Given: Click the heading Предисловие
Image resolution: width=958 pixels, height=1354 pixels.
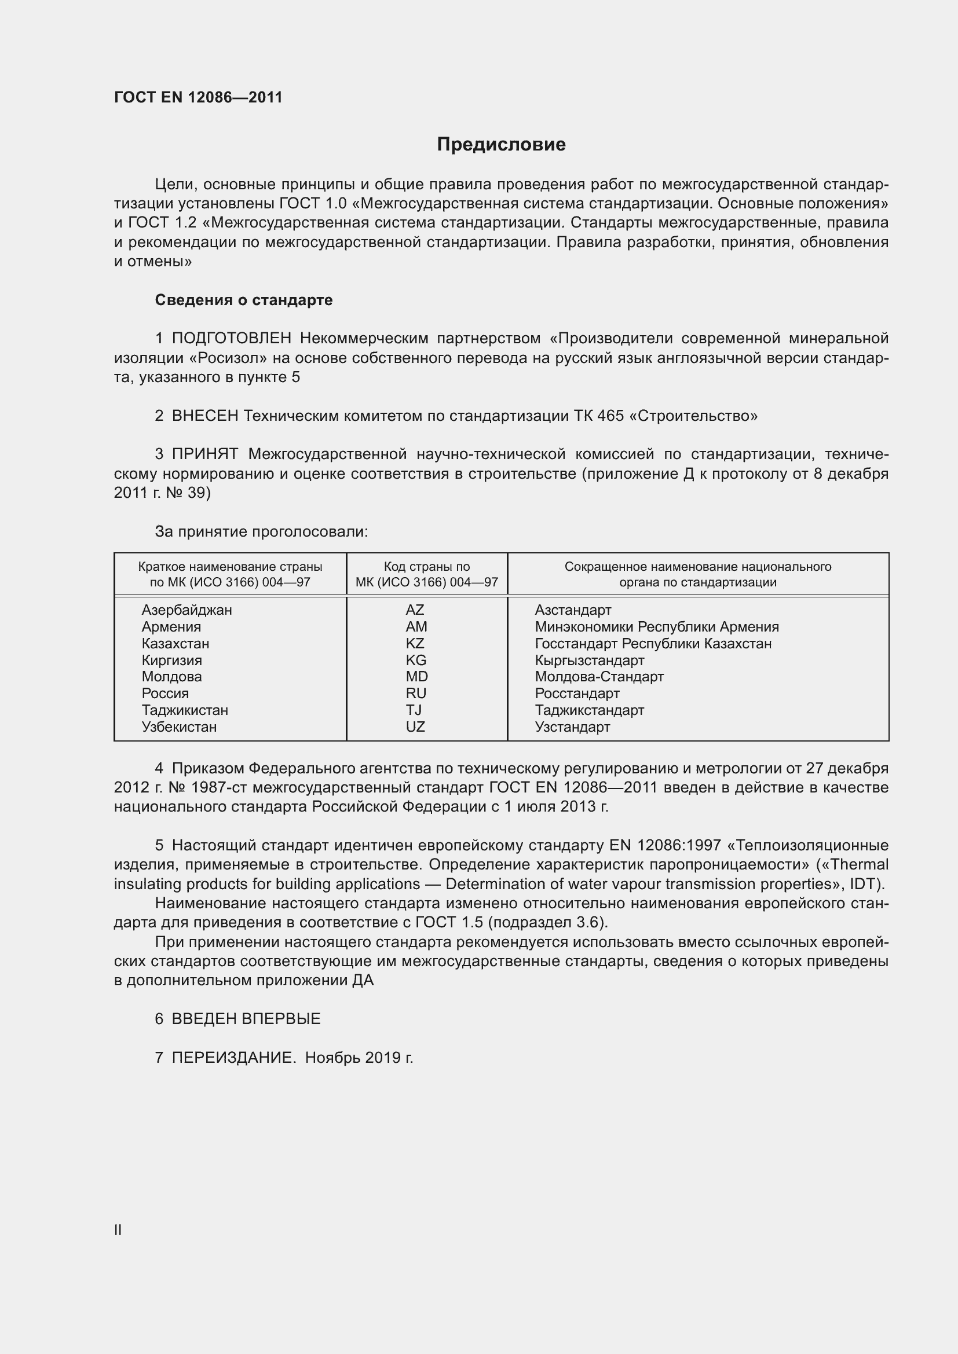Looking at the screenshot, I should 501,145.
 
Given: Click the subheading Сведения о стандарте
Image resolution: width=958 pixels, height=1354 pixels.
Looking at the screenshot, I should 244,300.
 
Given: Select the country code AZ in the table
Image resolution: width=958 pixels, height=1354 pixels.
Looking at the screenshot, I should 415,610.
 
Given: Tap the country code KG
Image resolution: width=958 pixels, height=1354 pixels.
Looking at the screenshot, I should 416,660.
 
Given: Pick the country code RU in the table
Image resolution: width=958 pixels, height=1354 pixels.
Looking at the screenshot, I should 416,693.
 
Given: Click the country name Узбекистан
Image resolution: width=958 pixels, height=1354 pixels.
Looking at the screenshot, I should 179,727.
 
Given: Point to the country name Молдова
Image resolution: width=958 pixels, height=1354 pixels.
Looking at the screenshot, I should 171,677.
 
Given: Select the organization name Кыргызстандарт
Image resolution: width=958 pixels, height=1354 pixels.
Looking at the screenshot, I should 589,661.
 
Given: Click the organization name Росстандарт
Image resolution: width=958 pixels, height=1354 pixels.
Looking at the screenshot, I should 577,693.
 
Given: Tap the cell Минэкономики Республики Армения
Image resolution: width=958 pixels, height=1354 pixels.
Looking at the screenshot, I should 657,627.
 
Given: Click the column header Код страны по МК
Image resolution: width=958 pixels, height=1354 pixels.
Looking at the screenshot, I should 426,574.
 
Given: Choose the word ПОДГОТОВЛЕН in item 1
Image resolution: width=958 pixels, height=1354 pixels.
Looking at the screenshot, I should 231,339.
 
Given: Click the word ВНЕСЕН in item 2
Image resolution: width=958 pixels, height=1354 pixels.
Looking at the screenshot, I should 204,416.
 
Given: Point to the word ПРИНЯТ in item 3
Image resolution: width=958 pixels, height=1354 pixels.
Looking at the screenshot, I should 204,454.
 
